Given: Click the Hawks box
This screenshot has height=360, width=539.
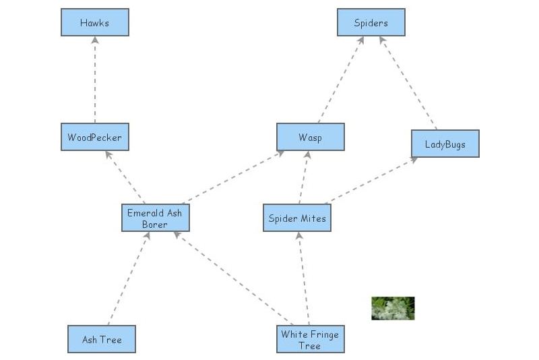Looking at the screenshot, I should [x=94, y=22].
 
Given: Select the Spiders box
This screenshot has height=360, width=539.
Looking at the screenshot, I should [x=371, y=22].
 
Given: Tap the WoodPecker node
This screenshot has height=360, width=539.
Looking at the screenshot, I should [x=94, y=137].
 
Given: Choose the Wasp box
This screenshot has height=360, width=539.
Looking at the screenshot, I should [x=311, y=137].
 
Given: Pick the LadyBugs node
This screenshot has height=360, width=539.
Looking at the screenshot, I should [x=445, y=144].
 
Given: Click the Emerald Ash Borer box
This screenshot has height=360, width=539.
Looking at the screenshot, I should [x=155, y=218].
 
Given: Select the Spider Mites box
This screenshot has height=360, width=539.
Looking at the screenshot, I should [x=297, y=218].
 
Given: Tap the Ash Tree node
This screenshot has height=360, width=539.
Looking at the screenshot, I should [x=102, y=339].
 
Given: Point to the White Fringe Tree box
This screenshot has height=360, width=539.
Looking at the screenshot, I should [x=311, y=339].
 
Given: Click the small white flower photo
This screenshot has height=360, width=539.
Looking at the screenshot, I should [x=393, y=308].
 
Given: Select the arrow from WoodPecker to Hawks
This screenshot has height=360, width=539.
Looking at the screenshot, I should [x=94, y=80].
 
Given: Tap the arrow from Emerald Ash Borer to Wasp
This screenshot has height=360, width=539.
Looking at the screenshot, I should [x=232, y=177].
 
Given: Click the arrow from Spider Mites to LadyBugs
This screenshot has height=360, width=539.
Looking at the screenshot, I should [x=371, y=181].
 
